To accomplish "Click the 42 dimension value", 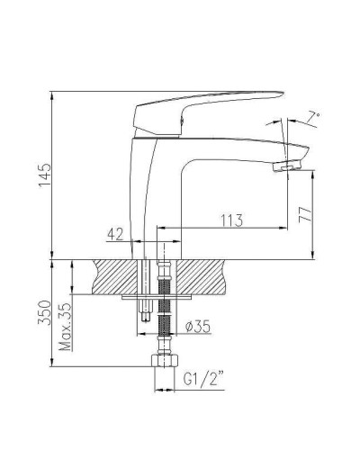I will (x=115, y=234).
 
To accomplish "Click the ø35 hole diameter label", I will (x=195, y=328).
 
